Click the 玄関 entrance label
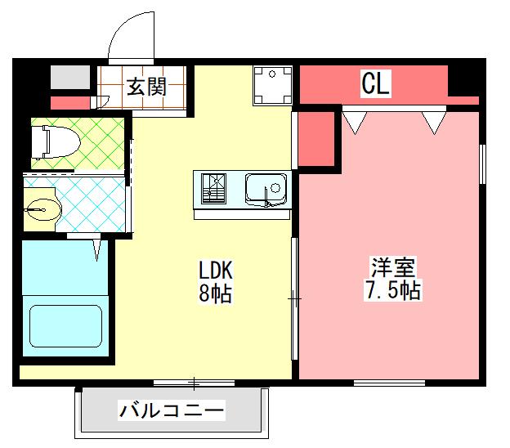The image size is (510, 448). click(x=147, y=85)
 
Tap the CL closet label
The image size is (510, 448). click(x=376, y=83)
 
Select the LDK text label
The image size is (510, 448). click(x=217, y=270)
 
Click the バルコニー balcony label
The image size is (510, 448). click(x=171, y=410)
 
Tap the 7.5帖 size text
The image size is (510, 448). click(x=394, y=291)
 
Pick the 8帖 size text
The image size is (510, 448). click(x=216, y=293)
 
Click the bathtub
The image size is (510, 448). click(x=65, y=325)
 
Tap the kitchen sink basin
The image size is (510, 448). click(x=266, y=191)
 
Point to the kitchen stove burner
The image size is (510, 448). click(x=217, y=190)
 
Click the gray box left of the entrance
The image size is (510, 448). click(x=69, y=78)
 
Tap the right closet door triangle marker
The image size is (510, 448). click(x=434, y=123)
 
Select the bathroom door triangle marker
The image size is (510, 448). click(x=99, y=248)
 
